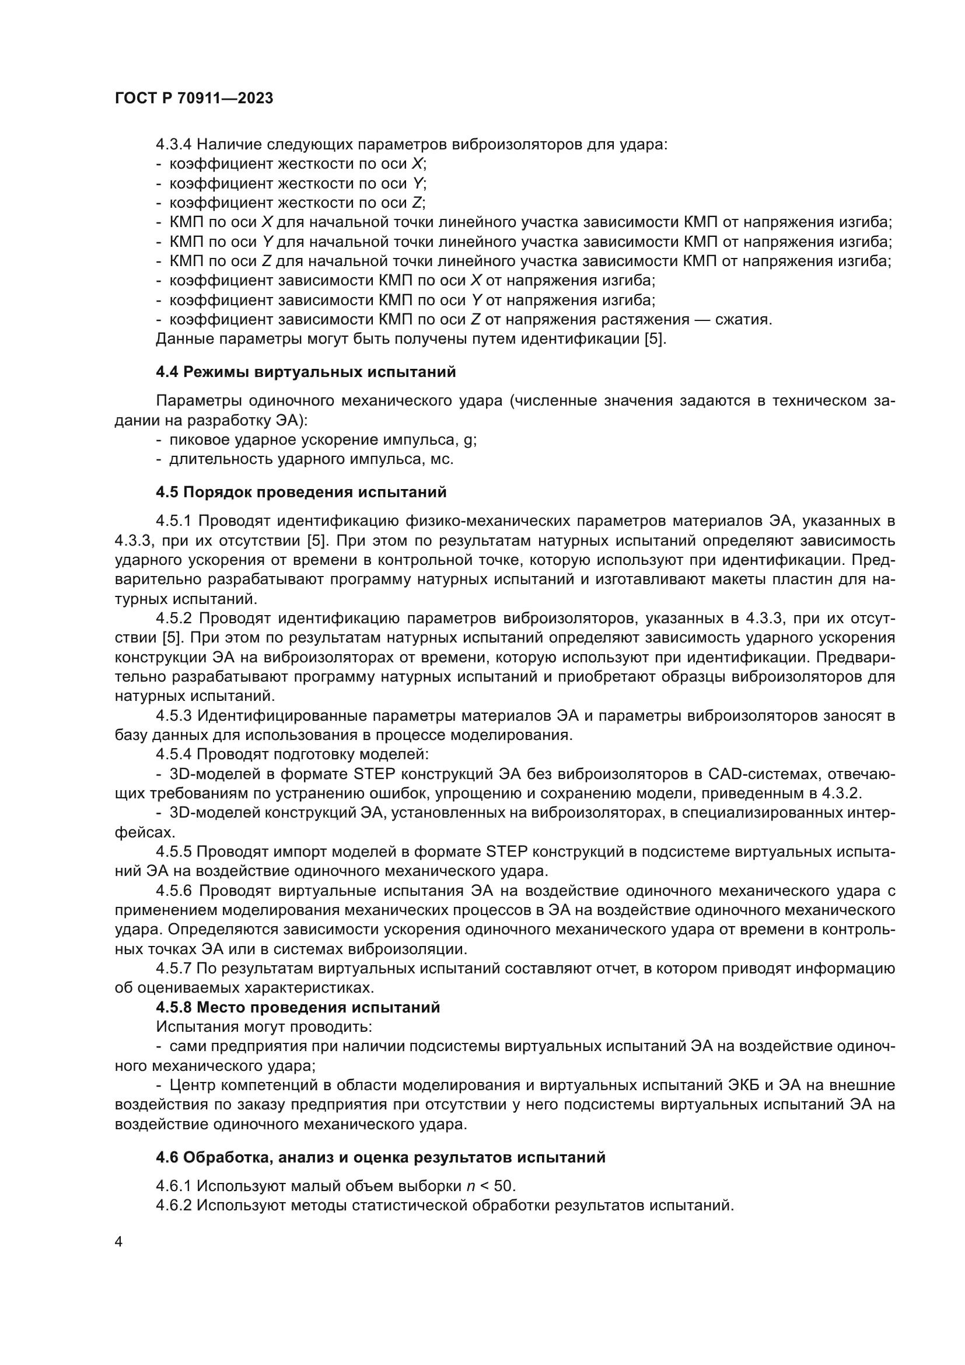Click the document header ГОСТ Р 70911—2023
(194, 98)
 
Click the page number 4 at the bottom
(119, 1241)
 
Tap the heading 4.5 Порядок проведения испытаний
(300, 493)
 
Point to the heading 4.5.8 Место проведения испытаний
(298, 1007)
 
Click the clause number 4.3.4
(173, 145)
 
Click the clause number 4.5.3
(173, 715)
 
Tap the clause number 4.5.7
(173, 969)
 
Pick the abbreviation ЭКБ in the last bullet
(743, 1085)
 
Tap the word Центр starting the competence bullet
(192, 1085)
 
